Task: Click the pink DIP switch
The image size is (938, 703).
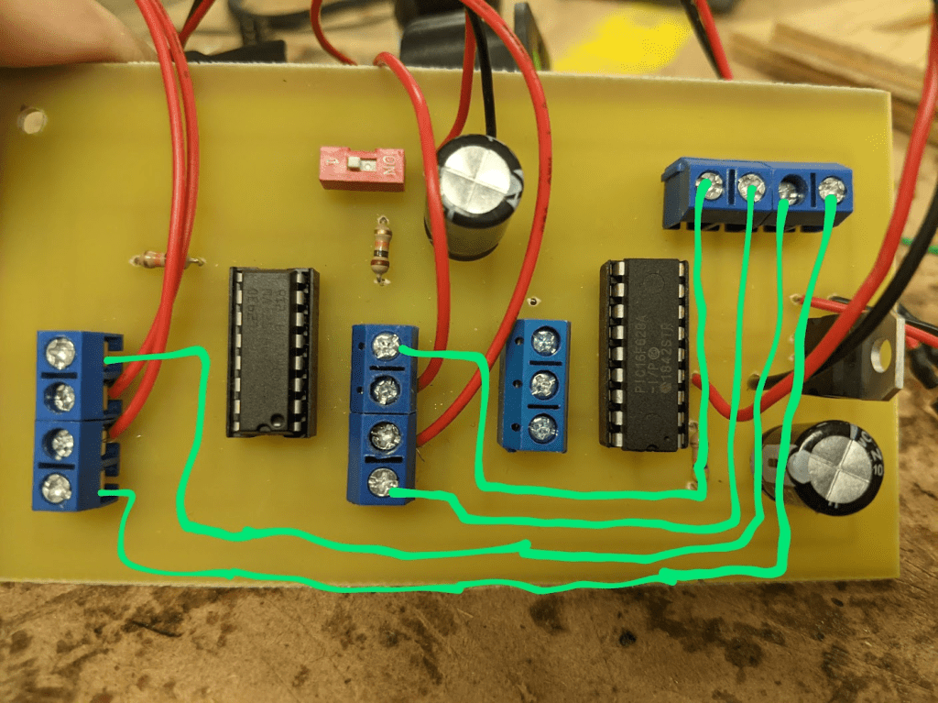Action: (x=361, y=166)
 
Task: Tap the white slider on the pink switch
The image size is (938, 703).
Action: (x=365, y=164)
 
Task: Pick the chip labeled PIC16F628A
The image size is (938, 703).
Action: (x=643, y=354)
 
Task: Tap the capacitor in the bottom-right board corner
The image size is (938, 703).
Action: (x=833, y=465)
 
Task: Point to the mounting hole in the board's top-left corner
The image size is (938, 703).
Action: (x=33, y=119)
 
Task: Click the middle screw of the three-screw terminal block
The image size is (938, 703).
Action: (x=543, y=384)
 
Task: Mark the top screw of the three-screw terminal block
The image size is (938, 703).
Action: (x=544, y=342)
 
